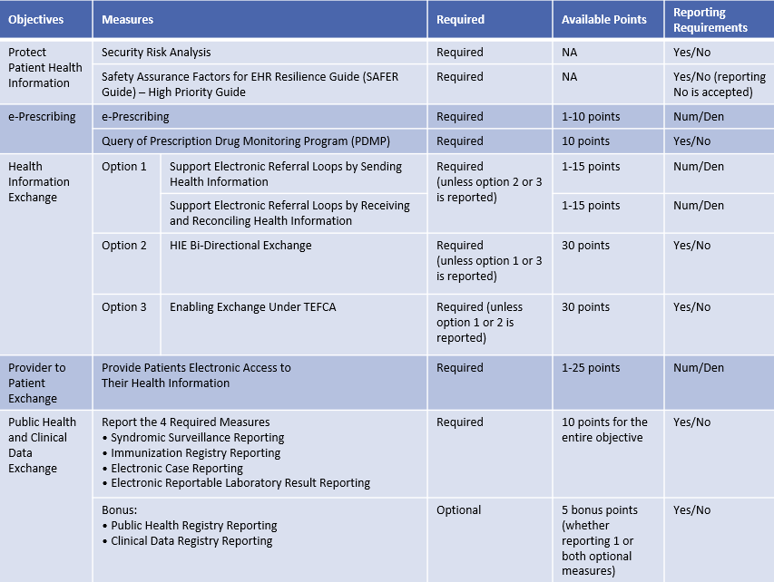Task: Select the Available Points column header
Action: [x=604, y=19]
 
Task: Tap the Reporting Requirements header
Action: [x=710, y=20]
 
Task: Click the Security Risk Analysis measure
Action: [x=156, y=53]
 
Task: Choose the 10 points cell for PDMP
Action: [x=585, y=141]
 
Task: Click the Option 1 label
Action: [x=124, y=167]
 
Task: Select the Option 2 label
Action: [x=124, y=246]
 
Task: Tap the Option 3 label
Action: [x=124, y=307]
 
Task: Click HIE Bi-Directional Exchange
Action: [x=240, y=246]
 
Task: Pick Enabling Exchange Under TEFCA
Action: [x=252, y=307]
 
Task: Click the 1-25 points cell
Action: [x=591, y=368]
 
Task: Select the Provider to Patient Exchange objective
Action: [x=37, y=383]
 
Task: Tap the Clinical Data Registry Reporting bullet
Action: [x=191, y=541]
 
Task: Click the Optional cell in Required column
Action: [x=459, y=510]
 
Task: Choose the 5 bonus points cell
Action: [x=600, y=510]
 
